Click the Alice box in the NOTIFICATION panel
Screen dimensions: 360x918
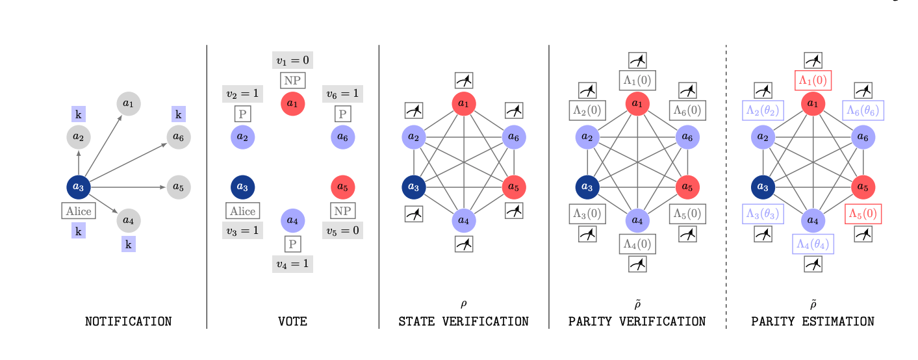coord(79,211)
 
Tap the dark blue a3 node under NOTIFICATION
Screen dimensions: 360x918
coord(79,187)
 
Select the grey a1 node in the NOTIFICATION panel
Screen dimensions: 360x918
coord(129,103)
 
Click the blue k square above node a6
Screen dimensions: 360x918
coord(179,114)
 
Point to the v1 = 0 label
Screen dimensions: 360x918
coord(292,60)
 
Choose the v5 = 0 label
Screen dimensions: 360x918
coord(342,230)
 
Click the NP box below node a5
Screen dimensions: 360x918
coord(342,211)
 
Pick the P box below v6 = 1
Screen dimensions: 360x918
coord(342,114)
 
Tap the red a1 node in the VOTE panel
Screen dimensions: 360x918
coord(292,103)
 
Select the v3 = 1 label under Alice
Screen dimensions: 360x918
coord(242,230)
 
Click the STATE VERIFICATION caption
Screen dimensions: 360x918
coord(463,322)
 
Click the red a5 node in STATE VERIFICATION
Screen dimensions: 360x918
coord(514,187)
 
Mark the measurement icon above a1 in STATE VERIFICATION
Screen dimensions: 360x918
coord(464,80)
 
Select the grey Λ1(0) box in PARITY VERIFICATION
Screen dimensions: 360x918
coord(637,80)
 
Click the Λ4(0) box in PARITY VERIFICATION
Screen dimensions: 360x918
coord(637,244)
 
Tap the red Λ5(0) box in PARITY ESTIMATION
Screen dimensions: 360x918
coord(863,214)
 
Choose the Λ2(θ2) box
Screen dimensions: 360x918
coord(762,111)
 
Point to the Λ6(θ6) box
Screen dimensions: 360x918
coord(863,111)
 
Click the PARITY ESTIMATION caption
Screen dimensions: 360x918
coord(813,322)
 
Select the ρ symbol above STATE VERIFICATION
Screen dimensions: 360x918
coord(464,303)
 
